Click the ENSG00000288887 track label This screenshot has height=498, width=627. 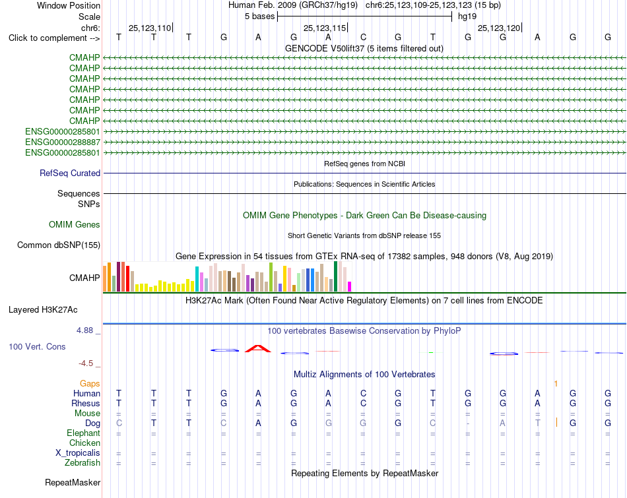(63, 142)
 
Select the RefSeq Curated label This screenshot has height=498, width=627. (70, 173)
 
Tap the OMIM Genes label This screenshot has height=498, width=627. (75, 225)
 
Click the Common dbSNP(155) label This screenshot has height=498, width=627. (59, 245)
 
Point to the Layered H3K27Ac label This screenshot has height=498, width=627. (43, 310)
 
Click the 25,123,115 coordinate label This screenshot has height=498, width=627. (325, 28)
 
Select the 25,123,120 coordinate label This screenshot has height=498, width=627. (499, 28)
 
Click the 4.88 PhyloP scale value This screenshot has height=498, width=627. (84, 330)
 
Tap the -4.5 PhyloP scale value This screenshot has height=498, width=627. (86, 363)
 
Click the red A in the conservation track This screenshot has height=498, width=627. (258, 349)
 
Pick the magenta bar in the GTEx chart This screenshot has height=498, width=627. (350, 286)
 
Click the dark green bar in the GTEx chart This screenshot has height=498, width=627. (335, 276)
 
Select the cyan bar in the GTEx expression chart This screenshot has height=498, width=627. (197, 278)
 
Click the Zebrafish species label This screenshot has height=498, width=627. (82, 463)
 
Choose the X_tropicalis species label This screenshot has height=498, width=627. (78, 453)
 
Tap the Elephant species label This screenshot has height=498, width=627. (84, 433)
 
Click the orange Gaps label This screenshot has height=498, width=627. (90, 384)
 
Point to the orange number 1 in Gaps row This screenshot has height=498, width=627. (556, 384)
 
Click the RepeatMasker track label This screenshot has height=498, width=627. (73, 483)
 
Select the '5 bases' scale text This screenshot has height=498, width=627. (260, 16)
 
